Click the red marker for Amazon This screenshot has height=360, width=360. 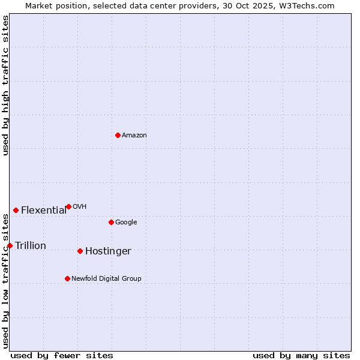point(118,135)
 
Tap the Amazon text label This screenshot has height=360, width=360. point(134,136)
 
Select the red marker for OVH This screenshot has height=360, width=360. point(68,206)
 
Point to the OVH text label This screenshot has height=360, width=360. point(80,207)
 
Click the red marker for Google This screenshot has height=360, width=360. point(111,222)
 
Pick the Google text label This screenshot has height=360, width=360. point(126,223)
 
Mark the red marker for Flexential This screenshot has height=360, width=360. point(16,210)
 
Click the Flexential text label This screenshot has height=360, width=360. point(44,210)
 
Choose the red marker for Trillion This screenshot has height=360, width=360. point(10,245)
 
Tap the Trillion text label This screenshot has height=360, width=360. point(31,246)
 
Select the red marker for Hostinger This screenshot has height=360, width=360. point(80,251)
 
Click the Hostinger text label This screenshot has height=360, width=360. point(108,251)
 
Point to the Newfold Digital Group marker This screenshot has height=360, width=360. point(67,278)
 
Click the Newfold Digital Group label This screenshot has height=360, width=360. point(106,279)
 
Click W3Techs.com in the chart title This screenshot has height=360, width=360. point(309,5)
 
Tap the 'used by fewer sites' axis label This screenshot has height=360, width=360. point(62,355)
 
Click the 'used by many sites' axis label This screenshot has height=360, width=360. point(301,355)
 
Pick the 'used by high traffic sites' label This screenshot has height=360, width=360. point(5,85)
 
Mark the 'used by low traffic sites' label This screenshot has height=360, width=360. point(5,281)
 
